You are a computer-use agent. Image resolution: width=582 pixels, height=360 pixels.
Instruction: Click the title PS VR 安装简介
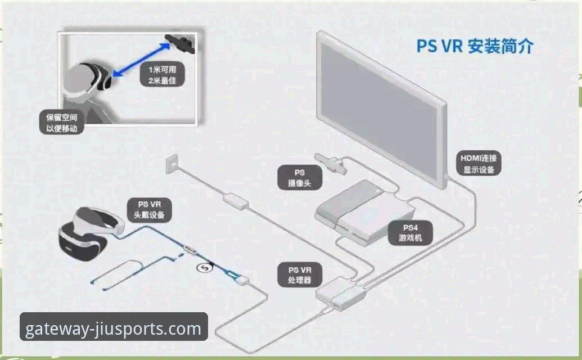(475, 46)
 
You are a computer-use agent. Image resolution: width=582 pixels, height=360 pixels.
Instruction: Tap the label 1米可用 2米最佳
(162, 75)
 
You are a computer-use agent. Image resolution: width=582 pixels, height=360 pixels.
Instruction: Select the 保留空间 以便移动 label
(62, 123)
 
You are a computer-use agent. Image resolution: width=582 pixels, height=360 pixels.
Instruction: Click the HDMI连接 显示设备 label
(479, 164)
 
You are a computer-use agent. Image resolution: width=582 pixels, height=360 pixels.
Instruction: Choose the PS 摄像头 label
(300, 177)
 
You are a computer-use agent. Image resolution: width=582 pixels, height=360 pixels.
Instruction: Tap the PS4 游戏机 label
(410, 233)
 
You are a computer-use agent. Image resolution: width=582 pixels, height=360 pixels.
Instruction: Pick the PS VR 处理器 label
(300, 275)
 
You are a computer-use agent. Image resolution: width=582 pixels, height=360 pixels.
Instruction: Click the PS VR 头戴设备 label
(149, 210)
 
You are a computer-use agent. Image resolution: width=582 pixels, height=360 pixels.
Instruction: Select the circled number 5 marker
(204, 267)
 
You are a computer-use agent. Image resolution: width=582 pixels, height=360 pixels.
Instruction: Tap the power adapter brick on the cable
(236, 201)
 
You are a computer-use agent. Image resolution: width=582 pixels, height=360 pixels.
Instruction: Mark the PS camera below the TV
(331, 163)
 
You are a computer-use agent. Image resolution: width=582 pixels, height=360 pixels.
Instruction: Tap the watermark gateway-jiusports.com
(114, 328)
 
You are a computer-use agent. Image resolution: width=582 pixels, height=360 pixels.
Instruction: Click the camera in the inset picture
(180, 43)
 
